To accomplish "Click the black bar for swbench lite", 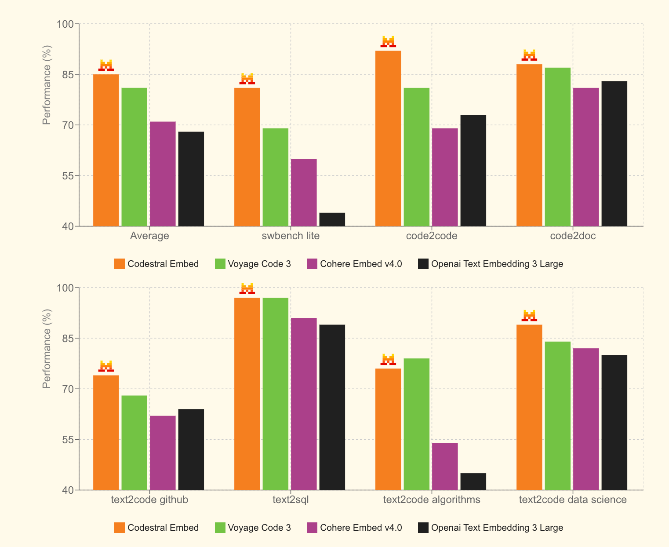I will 332,219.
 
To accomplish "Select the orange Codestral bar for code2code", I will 388,139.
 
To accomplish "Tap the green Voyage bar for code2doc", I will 557,147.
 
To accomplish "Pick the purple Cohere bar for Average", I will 163,174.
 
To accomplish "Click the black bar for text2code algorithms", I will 473,481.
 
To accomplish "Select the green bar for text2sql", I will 276,394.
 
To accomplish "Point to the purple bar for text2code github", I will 163,452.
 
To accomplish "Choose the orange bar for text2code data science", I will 529,407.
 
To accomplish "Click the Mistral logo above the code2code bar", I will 388,42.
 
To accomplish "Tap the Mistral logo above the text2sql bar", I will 247,288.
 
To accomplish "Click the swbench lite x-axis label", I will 291,236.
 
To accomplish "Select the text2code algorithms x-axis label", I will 432,500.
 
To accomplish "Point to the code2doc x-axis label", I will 573,236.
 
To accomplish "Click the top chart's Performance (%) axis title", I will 47,85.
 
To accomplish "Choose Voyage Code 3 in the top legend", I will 259,264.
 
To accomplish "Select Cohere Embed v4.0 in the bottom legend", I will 360,528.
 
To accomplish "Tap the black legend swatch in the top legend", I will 423,264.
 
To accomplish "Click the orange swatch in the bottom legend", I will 120,528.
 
